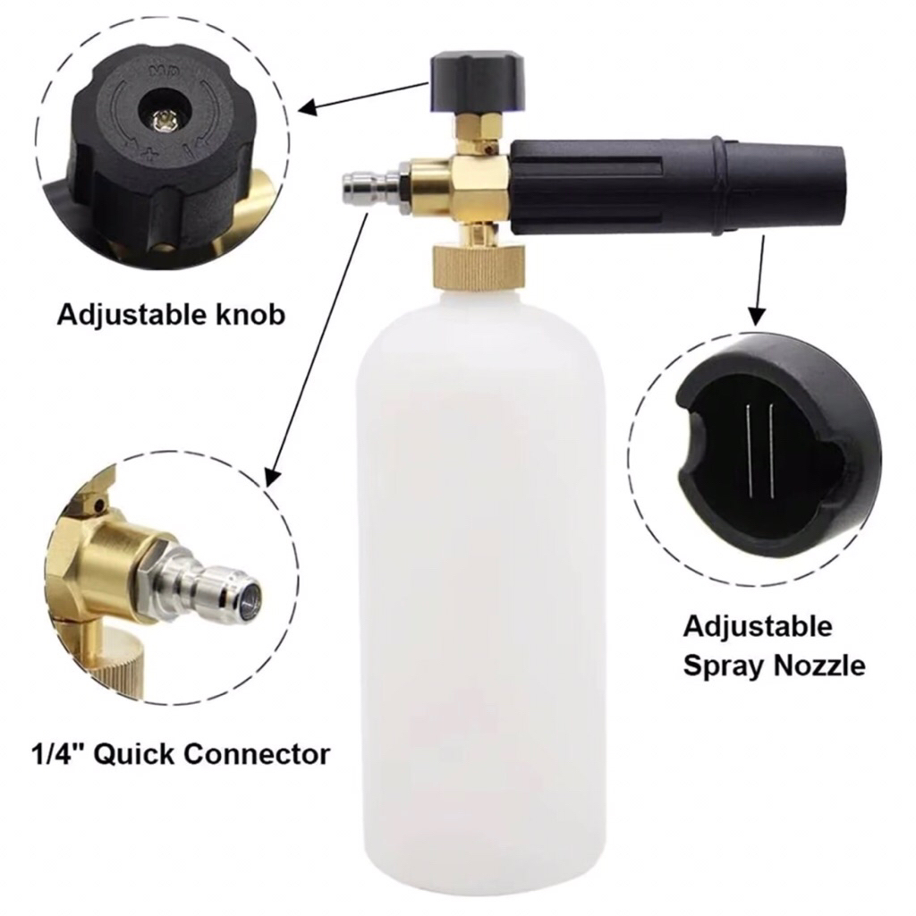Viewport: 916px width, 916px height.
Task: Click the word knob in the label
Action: tap(247, 315)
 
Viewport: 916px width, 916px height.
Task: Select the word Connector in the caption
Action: tap(257, 753)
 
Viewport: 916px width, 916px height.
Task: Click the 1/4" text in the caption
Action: tap(58, 753)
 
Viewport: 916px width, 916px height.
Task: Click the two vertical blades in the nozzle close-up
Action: tap(759, 451)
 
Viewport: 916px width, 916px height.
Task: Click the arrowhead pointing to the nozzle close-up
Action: tap(757, 315)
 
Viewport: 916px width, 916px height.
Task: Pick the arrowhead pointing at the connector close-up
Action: tap(272, 477)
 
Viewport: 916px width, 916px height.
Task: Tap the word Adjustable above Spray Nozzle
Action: tap(758, 627)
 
